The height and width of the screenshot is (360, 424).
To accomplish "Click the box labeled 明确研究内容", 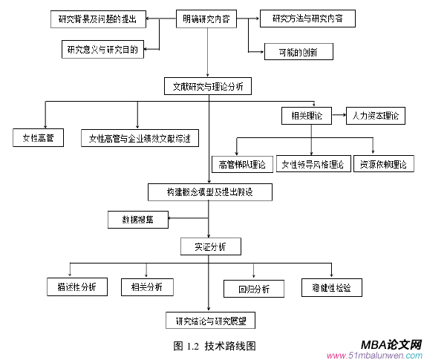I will pyautogui.click(x=206, y=20).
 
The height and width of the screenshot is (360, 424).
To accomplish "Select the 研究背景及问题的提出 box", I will pyautogui.click(x=97, y=20).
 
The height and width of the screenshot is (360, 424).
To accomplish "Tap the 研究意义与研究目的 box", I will pyautogui.click(x=101, y=50).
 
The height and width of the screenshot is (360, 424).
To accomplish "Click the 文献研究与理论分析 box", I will pyautogui.click(x=209, y=86).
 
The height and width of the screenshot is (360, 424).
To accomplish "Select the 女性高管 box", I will pyautogui.click(x=38, y=138).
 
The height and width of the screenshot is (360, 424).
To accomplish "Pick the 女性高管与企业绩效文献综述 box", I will pyautogui.click(x=140, y=138).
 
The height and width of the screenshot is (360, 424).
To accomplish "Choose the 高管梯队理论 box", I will pyautogui.click(x=242, y=164).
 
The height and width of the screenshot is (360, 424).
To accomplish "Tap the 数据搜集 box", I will pyautogui.click(x=138, y=219).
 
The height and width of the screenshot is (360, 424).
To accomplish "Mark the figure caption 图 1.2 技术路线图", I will pyautogui.click(x=215, y=345).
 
